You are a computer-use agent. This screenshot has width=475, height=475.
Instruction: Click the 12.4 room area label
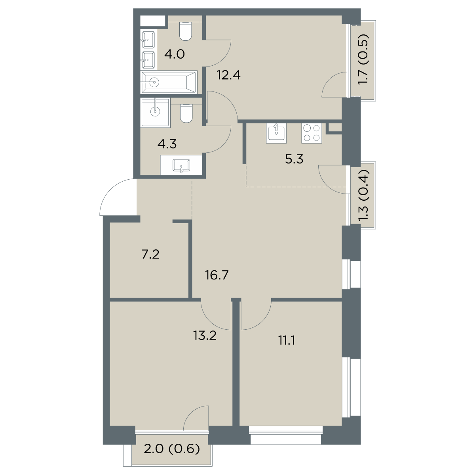228,75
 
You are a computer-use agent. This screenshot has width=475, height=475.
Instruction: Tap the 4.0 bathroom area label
175,54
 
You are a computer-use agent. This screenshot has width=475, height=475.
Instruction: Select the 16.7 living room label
217,275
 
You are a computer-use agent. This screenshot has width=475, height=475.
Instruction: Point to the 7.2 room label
150,255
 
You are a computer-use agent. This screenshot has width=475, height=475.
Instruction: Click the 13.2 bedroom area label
205,336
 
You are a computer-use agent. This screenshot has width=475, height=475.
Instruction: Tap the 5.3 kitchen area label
294,160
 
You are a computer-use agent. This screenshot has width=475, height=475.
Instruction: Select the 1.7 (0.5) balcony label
363,59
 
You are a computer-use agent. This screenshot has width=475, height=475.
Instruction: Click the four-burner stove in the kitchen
312,133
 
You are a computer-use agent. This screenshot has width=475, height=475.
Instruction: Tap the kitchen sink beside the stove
276,133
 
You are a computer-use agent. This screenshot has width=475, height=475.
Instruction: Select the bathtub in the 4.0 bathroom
169,82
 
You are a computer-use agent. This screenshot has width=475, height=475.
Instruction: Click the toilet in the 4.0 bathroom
186,31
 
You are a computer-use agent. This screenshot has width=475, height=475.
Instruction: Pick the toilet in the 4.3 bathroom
186,113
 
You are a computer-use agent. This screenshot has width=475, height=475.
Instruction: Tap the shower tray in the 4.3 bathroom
156,113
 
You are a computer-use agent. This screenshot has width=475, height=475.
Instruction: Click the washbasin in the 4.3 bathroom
181,165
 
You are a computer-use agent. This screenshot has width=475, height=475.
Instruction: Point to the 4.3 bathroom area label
167,144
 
